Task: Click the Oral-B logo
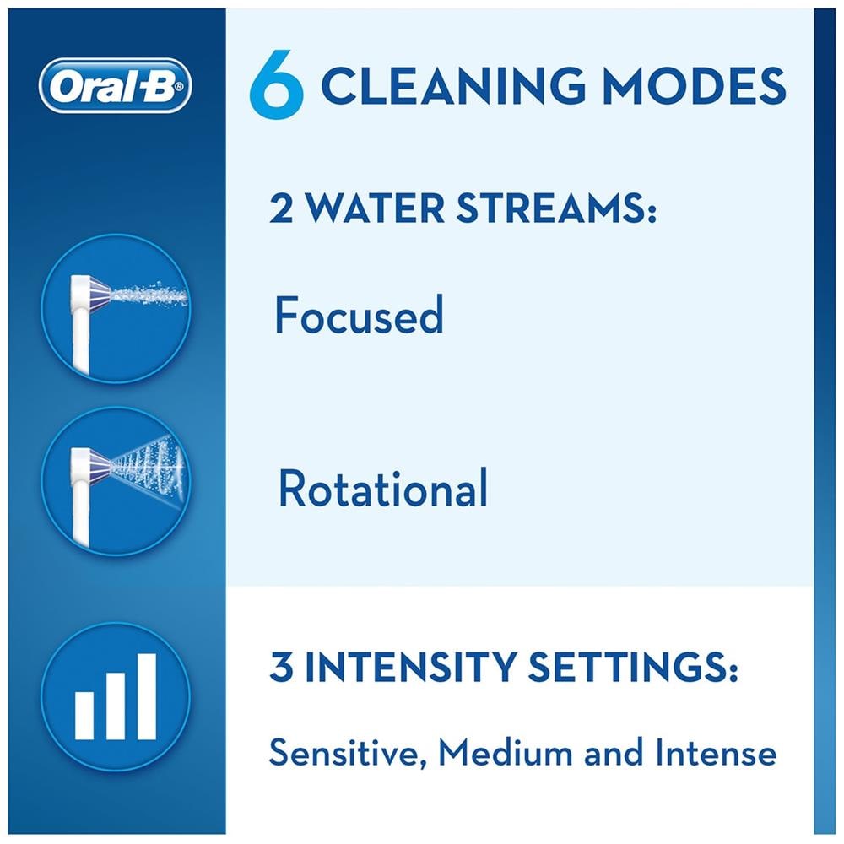[115, 85]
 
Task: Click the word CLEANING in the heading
[452, 85]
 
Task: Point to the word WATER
[376, 208]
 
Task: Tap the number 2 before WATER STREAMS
[282, 208]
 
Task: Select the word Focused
[359, 315]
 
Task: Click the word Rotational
[382, 487]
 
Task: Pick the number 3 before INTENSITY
[281, 667]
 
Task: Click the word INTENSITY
[410, 667]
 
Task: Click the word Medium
[506, 752]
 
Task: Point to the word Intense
[716, 752]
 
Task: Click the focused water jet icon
[116, 308]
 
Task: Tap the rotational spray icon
[116, 481]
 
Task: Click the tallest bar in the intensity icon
[147, 696]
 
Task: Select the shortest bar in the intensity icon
[84, 716]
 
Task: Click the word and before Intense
[614, 752]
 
